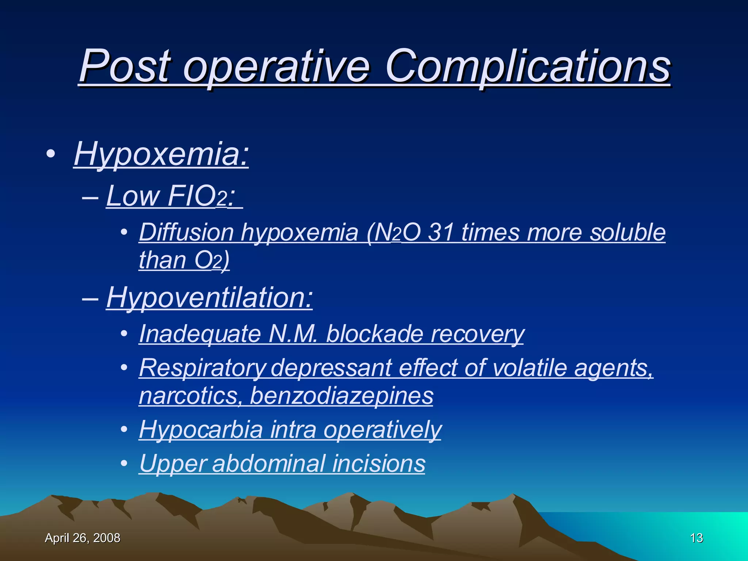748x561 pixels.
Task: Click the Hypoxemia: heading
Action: pos(161,154)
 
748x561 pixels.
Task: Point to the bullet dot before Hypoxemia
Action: pos(51,154)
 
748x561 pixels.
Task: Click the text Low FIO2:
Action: pos(172,196)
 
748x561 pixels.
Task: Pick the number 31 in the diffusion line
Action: pos(441,232)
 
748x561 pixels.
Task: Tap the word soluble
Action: pos(628,232)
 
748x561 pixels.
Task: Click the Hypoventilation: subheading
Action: pos(209,298)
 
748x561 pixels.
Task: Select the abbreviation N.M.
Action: pos(293,334)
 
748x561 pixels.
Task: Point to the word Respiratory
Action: pos(202,368)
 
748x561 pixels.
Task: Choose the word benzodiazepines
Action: pos(341,396)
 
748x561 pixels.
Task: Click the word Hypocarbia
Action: pos(201,430)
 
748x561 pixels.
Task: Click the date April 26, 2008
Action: pos(83,538)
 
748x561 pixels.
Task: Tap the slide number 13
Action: pos(697,538)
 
